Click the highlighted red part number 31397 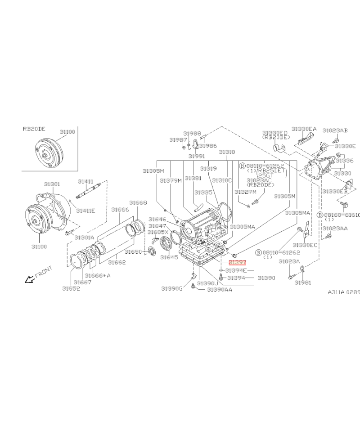point(237,262)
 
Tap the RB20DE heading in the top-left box point(34,129)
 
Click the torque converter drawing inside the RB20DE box point(48,153)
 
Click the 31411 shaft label point(85,181)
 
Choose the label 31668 point(138,202)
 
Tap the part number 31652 point(71,288)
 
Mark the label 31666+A point(97,275)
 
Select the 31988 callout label point(192,134)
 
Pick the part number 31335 point(203,192)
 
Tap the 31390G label point(172,288)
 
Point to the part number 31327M point(245,192)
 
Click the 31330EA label point(304,129)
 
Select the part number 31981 point(303,282)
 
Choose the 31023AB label point(335,130)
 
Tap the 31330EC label point(305,245)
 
